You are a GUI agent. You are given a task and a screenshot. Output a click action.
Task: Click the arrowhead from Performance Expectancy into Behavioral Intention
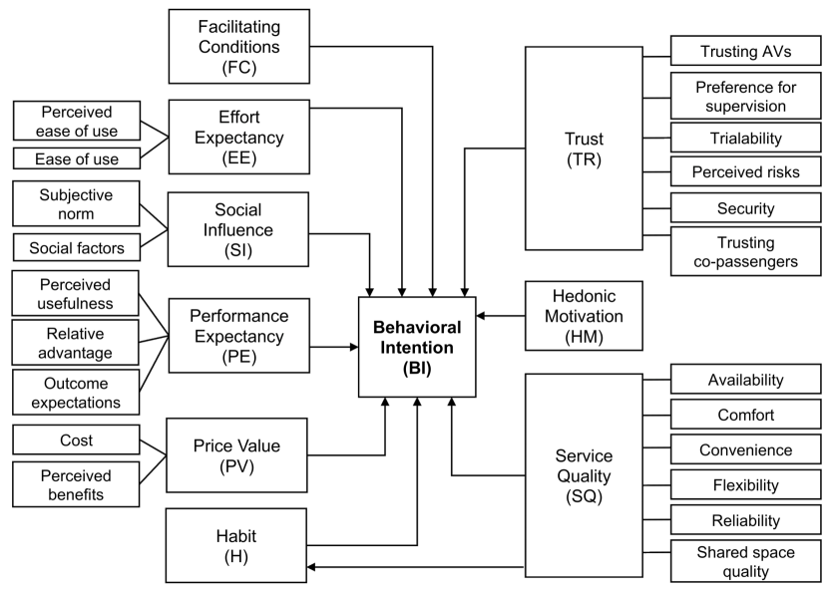355,347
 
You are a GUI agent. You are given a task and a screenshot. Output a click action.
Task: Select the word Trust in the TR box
584,139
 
